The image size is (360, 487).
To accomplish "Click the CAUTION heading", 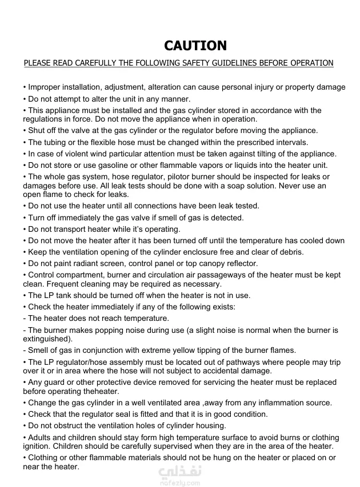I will [195, 46].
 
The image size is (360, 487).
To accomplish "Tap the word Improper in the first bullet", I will [44, 87].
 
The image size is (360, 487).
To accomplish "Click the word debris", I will [290, 252].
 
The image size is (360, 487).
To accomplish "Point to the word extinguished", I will [46, 339].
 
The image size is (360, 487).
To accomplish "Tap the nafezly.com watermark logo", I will [179, 476].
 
